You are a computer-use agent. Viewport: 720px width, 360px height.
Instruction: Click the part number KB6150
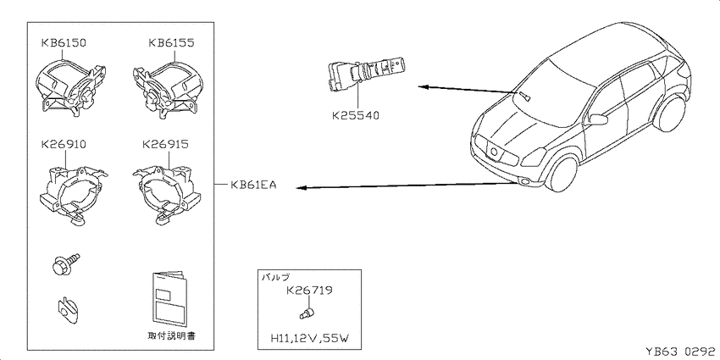[64, 42]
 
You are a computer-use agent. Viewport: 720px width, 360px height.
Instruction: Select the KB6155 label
[171, 42]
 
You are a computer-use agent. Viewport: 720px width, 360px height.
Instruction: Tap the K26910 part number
[64, 145]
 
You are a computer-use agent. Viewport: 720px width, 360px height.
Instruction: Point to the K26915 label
[166, 145]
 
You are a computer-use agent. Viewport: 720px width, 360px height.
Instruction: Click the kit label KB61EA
[253, 186]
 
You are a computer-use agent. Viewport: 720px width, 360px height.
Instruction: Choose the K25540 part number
[356, 116]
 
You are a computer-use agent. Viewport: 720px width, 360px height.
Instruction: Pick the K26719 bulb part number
[309, 291]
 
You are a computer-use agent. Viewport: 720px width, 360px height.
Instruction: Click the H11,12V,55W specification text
[309, 339]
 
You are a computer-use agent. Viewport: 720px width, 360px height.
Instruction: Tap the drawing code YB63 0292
[681, 352]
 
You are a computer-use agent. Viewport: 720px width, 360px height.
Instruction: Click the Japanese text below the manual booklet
[171, 336]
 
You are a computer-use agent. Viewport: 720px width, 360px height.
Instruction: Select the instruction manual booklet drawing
[169, 298]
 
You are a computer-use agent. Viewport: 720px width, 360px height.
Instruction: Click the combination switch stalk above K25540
[364, 73]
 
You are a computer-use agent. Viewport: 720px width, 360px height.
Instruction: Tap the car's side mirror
[598, 119]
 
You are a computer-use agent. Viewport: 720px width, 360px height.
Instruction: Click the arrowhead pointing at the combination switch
[424, 86]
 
